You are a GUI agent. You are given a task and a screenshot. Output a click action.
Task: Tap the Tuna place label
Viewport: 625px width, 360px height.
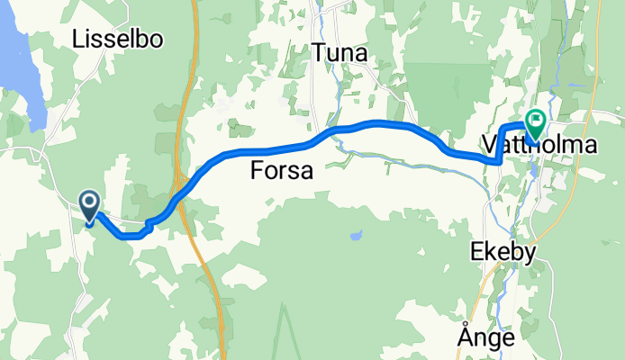pos(340,54)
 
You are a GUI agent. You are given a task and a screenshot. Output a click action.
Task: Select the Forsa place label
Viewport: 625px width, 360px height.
pos(281,170)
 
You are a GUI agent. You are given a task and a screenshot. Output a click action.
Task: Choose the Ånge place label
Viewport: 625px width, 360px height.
pos(486,337)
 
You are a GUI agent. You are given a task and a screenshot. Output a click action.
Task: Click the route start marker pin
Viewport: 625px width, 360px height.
pos(90,206)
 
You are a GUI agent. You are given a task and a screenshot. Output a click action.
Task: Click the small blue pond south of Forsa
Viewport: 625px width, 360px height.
pos(356,238)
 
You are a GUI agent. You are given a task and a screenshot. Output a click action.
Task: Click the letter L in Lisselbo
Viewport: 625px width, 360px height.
pos(78,39)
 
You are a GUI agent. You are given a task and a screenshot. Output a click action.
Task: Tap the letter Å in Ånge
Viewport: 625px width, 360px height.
pos(465,337)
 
